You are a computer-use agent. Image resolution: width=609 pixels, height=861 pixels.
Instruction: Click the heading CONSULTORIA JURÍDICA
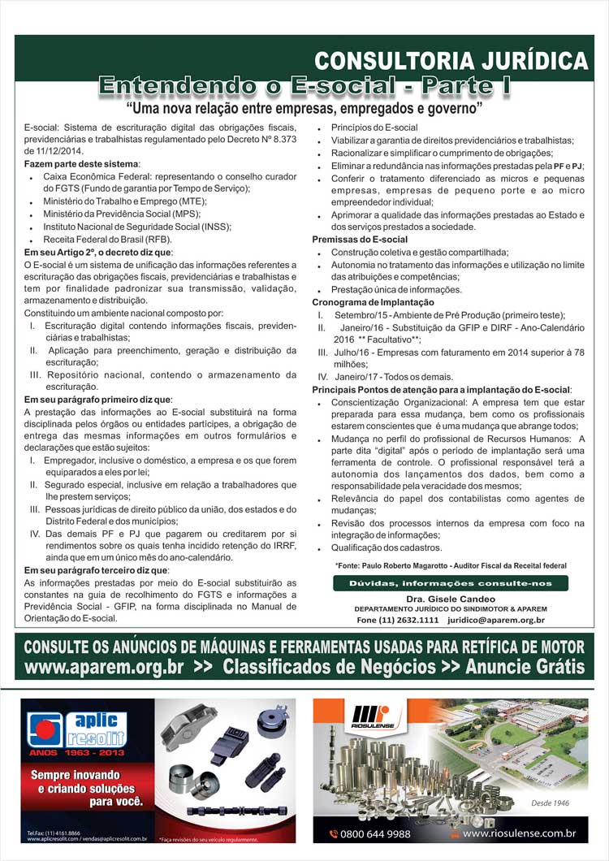(451, 61)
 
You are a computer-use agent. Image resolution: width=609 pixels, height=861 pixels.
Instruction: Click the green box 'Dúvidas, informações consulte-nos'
(450, 583)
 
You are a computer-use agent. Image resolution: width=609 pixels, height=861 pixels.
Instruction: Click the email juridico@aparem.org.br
(495, 620)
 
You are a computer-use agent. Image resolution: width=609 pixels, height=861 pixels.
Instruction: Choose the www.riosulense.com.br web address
(520, 834)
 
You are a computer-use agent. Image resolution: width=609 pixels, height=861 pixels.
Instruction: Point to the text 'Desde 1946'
(549, 803)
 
